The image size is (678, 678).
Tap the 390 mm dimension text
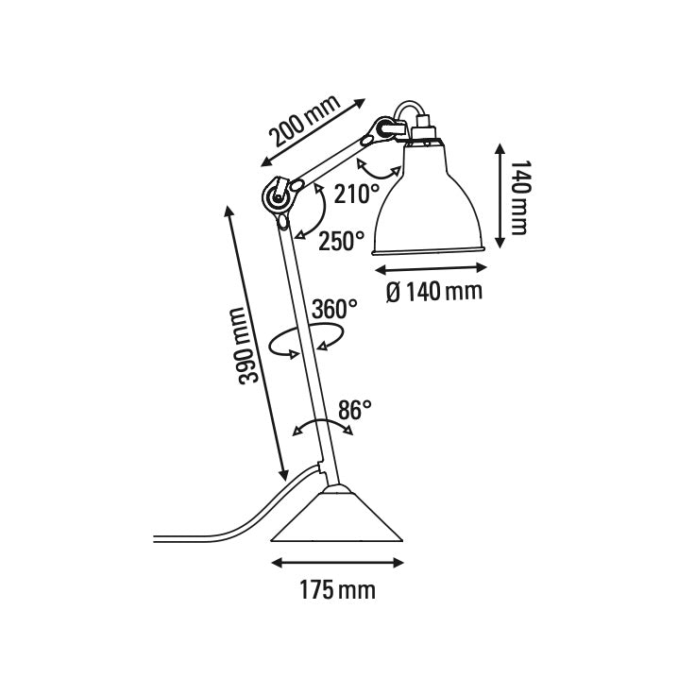247,346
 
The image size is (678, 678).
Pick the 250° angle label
341,241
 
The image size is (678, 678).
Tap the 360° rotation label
335,308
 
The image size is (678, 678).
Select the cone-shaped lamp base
338,519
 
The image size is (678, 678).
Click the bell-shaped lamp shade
431,203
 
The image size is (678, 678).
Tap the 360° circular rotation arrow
304,341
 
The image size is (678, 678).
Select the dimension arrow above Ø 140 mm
431,268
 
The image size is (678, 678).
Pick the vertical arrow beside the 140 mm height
498,195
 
